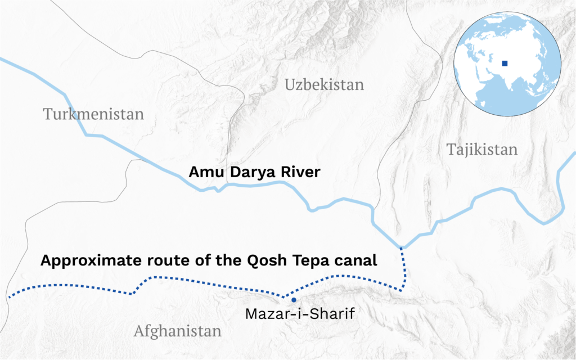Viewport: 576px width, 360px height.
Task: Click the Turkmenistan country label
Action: (x=93, y=114)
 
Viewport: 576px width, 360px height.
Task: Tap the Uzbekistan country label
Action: (x=324, y=85)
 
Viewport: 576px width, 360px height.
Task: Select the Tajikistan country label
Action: (x=481, y=149)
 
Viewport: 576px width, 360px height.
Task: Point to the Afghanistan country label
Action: (x=177, y=331)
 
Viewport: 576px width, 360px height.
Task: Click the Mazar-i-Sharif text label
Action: (x=299, y=314)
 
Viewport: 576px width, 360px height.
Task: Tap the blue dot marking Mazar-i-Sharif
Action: (x=293, y=301)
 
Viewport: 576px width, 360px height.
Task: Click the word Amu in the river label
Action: (x=202, y=172)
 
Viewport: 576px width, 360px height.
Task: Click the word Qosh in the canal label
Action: (x=278, y=261)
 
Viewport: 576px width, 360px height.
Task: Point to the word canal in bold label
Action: (x=357, y=261)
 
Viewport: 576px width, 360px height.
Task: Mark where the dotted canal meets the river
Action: (x=401, y=247)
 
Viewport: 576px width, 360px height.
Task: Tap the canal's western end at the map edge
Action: (x=10, y=296)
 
